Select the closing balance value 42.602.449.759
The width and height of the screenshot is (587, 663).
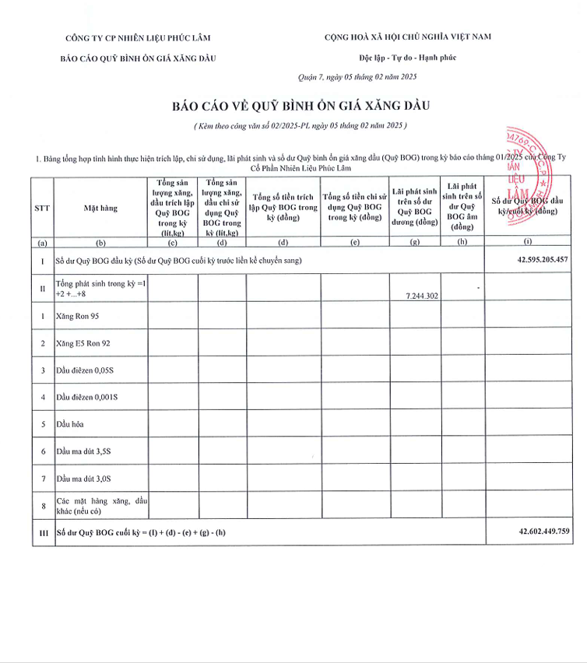[543, 531]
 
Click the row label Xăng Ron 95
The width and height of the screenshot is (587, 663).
[77, 316]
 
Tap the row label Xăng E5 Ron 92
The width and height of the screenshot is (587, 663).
[83, 342]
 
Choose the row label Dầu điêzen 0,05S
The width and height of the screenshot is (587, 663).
[86, 370]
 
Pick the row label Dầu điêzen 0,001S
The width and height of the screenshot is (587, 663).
[87, 397]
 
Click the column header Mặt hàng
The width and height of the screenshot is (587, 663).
[100, 208]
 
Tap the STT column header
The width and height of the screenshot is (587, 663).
[42, 208]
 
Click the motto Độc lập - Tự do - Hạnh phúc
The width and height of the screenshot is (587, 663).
[407, 58]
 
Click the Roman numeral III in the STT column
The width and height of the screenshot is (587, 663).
[42, 532]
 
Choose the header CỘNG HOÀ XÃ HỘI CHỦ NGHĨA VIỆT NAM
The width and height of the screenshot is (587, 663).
[407, 37]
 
